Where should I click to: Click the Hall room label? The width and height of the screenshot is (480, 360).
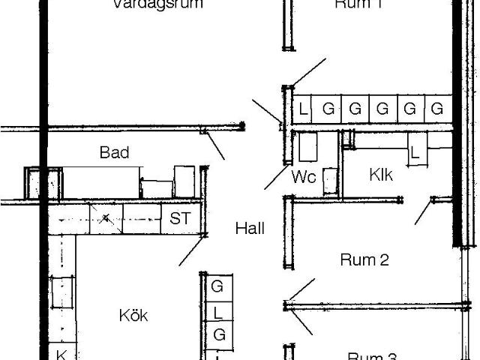tap(249, 229)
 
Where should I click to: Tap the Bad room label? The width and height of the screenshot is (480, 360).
tap(114, 153)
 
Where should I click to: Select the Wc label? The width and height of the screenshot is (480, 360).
tap(304, 177)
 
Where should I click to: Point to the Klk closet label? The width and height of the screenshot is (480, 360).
tap(381, 175)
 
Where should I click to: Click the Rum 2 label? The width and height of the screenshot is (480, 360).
tap(364, 260)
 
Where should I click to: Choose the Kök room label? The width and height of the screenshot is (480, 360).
tap(133, 316)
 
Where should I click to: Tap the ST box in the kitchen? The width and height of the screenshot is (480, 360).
tap(180, 219)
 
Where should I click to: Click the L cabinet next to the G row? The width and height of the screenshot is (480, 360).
tap(303, 109)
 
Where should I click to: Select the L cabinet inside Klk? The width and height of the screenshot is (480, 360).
tap(415, 153)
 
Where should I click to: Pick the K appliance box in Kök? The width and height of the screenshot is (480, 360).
tap(62, 354)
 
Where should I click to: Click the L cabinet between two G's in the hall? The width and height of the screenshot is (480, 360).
tap(218, 310)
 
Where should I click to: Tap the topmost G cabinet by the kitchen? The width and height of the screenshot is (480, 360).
tap(218, 286)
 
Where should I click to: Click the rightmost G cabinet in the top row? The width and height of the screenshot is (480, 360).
tap(436, 109)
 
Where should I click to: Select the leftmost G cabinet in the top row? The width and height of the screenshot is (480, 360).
tap(328, 109)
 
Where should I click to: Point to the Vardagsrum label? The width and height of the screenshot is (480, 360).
tap(158, 4)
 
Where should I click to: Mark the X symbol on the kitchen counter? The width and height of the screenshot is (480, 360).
tap(107, 219)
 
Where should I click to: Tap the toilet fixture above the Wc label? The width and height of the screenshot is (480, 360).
tap(308, 146)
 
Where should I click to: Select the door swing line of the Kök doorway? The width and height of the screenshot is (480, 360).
tap(191, 252)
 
